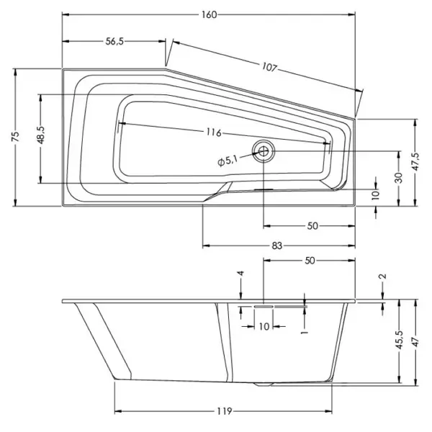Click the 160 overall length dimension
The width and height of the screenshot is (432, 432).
pyautogui.click(x=209, y=14)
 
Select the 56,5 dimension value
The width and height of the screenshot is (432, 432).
pyautogui.click(x=114, y=41)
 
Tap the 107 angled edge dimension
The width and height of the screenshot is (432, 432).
pyautogui.click(x=269, y=67)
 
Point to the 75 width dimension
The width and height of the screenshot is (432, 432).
pyautogui.click(x=15, y=137)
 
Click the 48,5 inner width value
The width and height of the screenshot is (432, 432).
pyautogui.click(x=41, y=135)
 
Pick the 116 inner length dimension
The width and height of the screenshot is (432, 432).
pyautogui.click(x=214, y=132)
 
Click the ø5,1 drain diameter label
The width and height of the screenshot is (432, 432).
pyautogui.click(x=228, y=161)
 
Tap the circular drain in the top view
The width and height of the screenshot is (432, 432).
pyautogui.click(x=264, y=150)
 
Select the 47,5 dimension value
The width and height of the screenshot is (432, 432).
pyautogui.click(x=415, y=162)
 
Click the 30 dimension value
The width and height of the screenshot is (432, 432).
pyautogui.click(x=399, y=178)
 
